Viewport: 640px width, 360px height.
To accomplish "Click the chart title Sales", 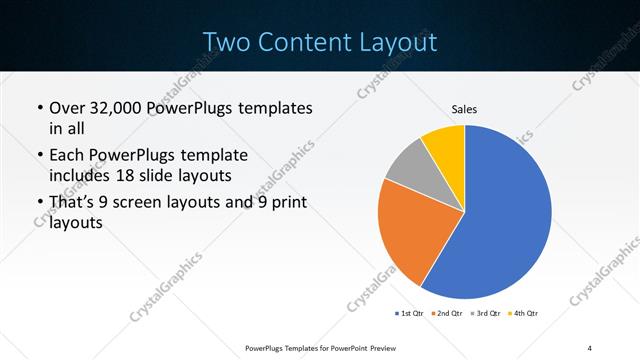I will [464, 108].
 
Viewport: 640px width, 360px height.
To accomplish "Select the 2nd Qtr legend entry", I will [445, 313].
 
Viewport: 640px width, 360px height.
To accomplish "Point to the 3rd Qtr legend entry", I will [484, 313].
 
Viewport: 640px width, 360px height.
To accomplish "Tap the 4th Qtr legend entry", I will [523, 313].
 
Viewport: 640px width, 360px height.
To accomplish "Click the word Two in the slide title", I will [226, 42].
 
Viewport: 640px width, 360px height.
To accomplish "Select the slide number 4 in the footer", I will [590, 348].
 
